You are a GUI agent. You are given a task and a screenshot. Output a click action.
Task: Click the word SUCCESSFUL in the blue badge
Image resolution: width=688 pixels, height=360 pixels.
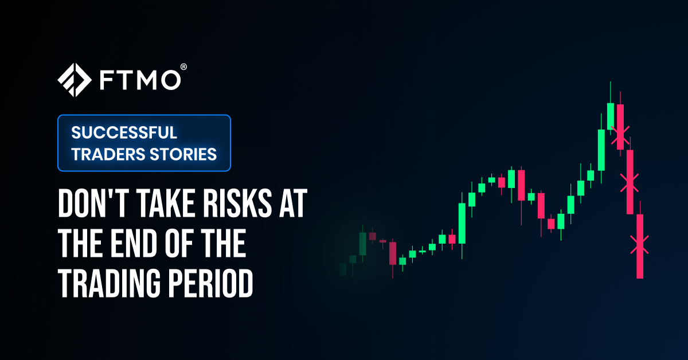[124, 133]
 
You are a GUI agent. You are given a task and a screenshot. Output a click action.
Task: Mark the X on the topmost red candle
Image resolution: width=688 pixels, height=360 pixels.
[620, 135]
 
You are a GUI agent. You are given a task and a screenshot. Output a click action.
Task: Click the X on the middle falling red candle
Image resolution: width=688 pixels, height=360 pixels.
[630, 182]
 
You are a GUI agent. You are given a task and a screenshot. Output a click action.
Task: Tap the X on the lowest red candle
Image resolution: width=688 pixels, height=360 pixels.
[640, 245]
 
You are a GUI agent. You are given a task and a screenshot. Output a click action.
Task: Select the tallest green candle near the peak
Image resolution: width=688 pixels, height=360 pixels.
[601, 150]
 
